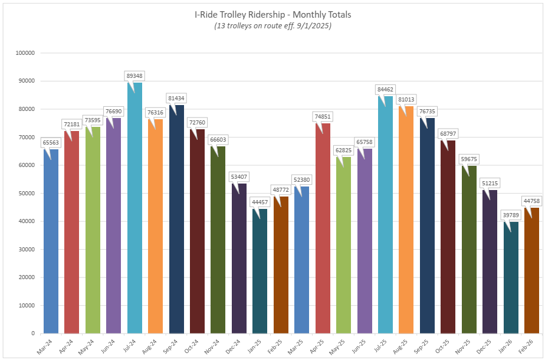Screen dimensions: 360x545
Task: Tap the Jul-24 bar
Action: (134, 207)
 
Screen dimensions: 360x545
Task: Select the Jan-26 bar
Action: (511, 277)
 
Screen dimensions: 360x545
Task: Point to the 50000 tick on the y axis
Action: (26, 193)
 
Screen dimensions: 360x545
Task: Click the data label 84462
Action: (385, 90)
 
